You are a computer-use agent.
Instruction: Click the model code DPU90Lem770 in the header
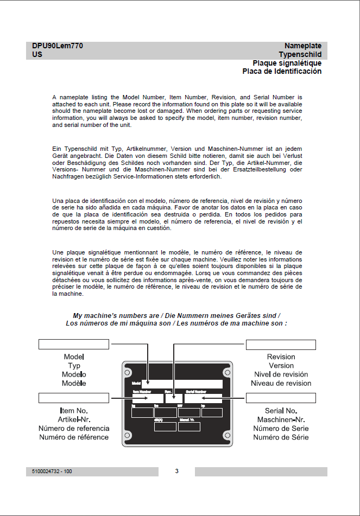coord(58,47)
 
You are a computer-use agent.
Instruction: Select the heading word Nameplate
coord(303,47)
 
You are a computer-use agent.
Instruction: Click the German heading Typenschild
coord(300,55)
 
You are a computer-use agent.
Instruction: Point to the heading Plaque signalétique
coord(287,63)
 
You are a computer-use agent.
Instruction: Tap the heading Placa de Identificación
coord(282,71)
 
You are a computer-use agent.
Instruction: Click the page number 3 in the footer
coord(176,471)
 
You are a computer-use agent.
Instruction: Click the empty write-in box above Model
coord(74,345)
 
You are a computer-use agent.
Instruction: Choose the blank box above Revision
coord(281,345)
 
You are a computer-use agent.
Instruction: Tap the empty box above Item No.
coord(74,399)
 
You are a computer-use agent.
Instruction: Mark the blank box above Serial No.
coord(281,399)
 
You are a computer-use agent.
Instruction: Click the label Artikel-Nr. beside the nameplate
coord(74,419)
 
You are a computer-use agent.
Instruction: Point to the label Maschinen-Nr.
coord(281,419)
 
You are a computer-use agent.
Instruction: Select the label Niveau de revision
coord(281,383)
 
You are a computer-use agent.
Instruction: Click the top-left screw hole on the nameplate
coord(128,373)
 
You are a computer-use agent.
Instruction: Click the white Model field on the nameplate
coord(182,384)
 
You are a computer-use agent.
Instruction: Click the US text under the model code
coord(37,55)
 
